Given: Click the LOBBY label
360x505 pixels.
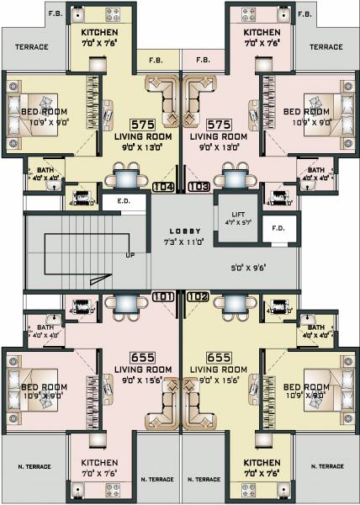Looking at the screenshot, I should (181, 230).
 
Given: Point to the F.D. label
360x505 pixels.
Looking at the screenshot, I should (278, 227).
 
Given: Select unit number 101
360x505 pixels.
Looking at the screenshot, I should (163, 296).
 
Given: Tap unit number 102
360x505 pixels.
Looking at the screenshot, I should (199, 296).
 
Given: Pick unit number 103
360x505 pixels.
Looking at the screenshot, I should (199, 187).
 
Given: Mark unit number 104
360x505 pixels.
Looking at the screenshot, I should (163, 187).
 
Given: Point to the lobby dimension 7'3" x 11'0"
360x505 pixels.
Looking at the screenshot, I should (181, 242).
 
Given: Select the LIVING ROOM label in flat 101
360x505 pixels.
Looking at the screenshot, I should (143, 369).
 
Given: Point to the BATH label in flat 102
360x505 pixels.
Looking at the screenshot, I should (316, 327).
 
